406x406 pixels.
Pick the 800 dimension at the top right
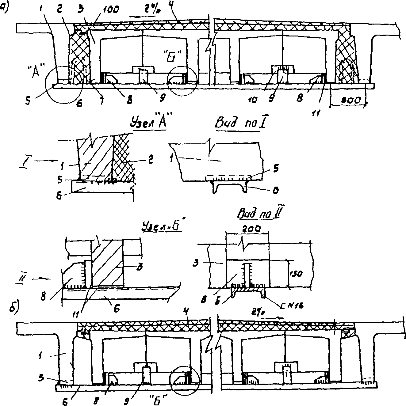(349, 101)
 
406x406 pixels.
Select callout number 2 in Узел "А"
(150, 160)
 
